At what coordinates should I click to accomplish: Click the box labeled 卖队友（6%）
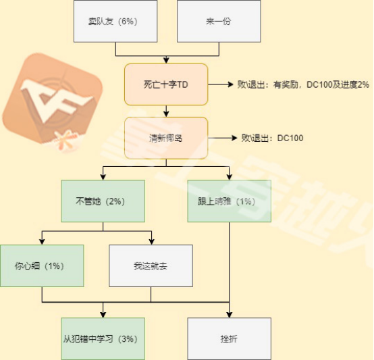pyautogui.click(x=115, y=21)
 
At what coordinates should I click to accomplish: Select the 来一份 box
pyautogui.click(x=219, y=21)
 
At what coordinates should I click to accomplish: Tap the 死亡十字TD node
pyautogui.click(x=166, y=84)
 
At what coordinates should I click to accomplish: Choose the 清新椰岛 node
pyautogui.click(x=166, y=138)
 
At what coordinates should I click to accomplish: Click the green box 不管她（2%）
pyautogui.click(x=103, y=201)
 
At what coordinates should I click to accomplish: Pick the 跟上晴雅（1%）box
pyautogui.click(x=230, y=201)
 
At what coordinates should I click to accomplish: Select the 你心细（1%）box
pyautogui.click(x=42, y=265)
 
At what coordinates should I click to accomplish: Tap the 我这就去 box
pyautogui.click(x=151, y=265)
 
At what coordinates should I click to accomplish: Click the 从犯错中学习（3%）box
pyautogui.click(x=103, y=339)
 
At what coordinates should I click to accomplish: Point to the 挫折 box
pyautogui.click(x=230, y=339)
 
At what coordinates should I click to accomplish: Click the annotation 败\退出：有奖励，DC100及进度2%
pyautogui.click(x=303, y=84)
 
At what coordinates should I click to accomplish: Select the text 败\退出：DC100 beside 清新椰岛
pyautogui.click(x=272, y=138)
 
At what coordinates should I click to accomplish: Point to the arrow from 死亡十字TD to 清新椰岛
pyautogui.click(x=166, y=111)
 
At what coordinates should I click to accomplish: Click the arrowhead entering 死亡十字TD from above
pyautogui.click(x=166, y=60)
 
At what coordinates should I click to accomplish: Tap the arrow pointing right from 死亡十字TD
pyautogui.click(x=221, y=84)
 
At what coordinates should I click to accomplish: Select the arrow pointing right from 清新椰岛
pyautogui.click(x=223, y=138)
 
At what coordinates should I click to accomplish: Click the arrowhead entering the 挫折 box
pyautogui.click(x=230, y=315)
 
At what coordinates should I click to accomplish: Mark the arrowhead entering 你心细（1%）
pyautogui.click(x=42, y=242)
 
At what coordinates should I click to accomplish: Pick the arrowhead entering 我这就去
pyautogui.click(x=152, y=242)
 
